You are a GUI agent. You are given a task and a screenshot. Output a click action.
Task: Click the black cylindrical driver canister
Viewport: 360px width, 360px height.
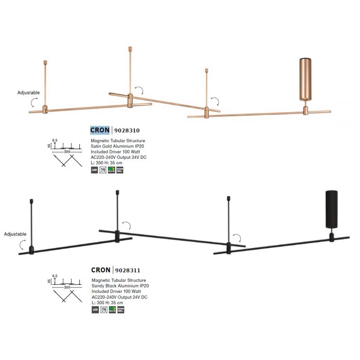point(332,210)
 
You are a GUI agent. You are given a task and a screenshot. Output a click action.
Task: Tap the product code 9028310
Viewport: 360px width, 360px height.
point(128,130)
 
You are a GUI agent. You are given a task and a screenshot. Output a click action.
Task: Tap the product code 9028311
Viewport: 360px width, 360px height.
point(128,270)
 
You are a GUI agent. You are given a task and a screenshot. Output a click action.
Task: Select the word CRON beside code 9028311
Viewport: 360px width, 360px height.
point(100,270)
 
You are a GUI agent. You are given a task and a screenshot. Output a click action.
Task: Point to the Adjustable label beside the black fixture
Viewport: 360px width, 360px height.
point(15,234)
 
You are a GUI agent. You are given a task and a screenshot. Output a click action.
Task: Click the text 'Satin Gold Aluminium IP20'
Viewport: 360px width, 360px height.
point(117,147)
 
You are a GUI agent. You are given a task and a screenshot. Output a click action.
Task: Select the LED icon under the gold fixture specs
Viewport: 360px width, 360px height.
point(94,170)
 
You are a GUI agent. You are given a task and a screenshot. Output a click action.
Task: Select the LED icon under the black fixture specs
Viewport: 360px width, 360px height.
point(94,310)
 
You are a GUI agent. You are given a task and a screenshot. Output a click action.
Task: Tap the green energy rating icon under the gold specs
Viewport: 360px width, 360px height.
point(112,170)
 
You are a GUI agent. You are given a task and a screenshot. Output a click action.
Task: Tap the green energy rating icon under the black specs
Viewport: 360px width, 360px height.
point(112,310)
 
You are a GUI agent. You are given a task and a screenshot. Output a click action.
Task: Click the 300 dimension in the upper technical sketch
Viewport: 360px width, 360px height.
point(67,152)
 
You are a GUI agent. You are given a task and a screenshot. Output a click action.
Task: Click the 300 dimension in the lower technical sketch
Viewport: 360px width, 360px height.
point(67,287)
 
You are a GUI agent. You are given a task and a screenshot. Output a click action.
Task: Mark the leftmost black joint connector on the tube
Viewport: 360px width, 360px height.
point(31,250)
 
